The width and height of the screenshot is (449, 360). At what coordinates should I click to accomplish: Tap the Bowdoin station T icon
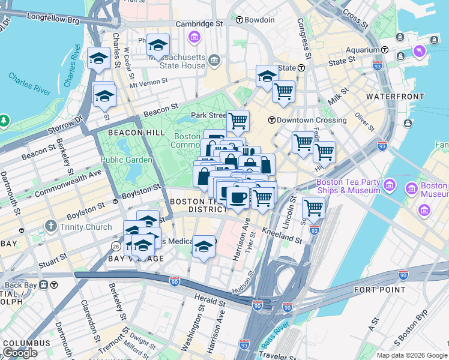click(x=239, y=20)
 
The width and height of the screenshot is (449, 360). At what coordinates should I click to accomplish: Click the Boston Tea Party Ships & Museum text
click(x=349, y=186)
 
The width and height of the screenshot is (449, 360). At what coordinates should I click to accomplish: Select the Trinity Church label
click(x=85, y=227)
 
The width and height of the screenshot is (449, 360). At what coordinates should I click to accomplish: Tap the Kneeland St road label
click(x=282, y=235)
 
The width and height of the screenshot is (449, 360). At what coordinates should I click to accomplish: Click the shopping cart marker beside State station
click(x=283, y=92)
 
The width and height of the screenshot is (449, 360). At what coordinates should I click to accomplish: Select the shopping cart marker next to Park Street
click(x=238, y=121)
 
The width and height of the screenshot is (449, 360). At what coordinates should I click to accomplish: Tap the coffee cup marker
click(x=238, y=196)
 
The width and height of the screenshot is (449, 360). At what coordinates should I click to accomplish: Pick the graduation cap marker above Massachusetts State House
click(x=158, y=44)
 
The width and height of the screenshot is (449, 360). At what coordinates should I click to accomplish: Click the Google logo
click(x=20, y=353)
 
